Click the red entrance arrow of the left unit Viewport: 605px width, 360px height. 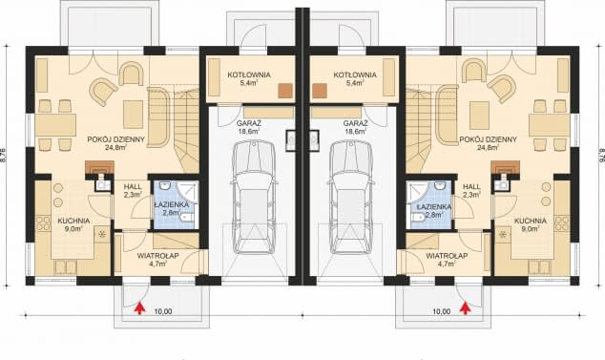point(139,308)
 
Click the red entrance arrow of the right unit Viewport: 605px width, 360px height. point(466,308)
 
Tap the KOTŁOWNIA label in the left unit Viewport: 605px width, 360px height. point(249,74)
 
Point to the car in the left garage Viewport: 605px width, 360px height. point(254,197)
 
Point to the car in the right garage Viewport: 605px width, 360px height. point(351,197)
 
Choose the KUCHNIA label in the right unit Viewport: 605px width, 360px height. point(531,221)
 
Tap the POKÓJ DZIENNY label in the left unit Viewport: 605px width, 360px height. point(115,139)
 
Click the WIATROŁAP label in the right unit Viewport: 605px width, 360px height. point(447,256)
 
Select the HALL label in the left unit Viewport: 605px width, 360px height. point(133,187)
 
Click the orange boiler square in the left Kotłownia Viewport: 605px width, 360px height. point(286,91)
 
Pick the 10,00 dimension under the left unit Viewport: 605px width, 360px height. point(163,311)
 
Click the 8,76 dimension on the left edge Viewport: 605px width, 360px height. point(4,156)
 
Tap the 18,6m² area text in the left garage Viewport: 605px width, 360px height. point(248,132)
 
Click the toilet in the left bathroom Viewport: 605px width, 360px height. point(187,218)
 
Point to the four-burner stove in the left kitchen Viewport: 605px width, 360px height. point(43,223)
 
